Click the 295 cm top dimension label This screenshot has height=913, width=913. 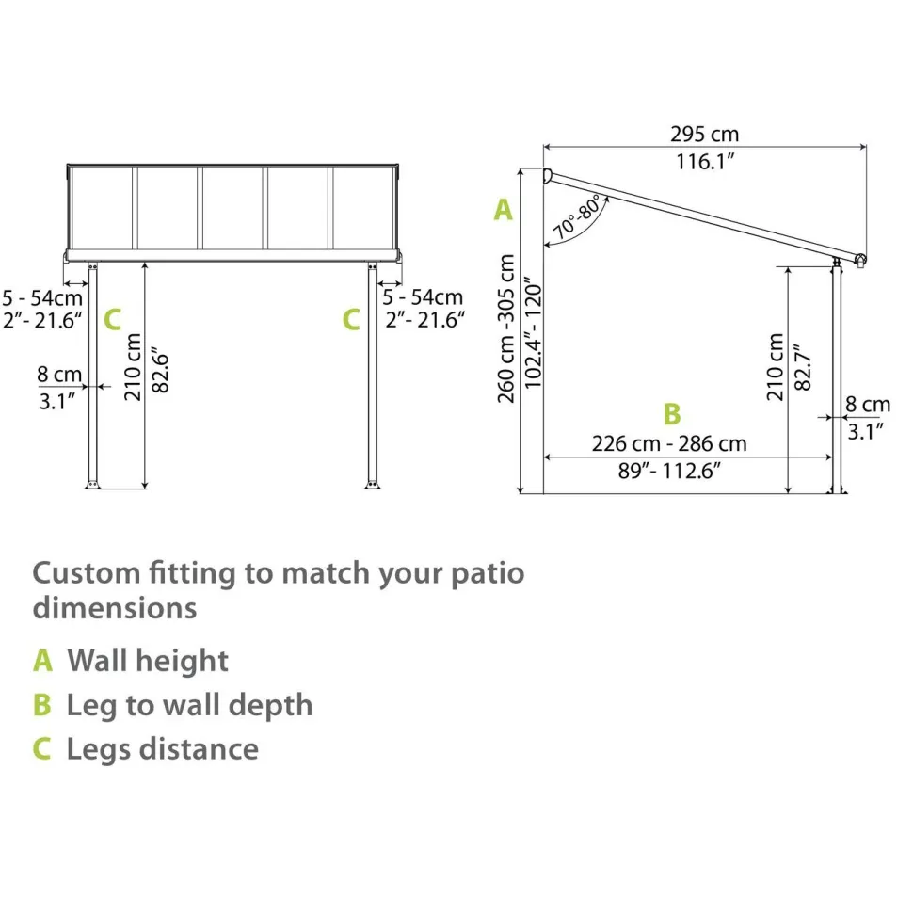(705, 134)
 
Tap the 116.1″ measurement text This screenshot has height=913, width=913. (705, 161)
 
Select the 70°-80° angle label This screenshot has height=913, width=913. (577, 217)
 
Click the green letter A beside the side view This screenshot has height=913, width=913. (503, 210)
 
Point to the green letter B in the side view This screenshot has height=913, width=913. (672, 414)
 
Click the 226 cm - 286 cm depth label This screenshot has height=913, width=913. (669, 443)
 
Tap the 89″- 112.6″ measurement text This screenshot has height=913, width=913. (669, 471)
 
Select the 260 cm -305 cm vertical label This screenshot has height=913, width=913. (506, 328)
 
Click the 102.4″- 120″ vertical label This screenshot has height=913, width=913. (533, 333)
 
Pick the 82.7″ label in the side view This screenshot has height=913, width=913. (802, 367)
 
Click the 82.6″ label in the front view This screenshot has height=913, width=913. (160, 370)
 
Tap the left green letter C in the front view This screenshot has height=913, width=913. (112, 320)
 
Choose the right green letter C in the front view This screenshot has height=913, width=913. (351, 320)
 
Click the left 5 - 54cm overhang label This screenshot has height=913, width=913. (42, 298)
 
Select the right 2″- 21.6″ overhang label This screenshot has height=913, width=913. (425, 320)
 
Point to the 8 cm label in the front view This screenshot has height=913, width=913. (59, 375)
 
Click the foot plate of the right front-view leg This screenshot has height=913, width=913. (373, 485)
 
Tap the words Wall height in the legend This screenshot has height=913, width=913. (148, 661)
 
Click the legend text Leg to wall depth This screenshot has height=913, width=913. (190, 706)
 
